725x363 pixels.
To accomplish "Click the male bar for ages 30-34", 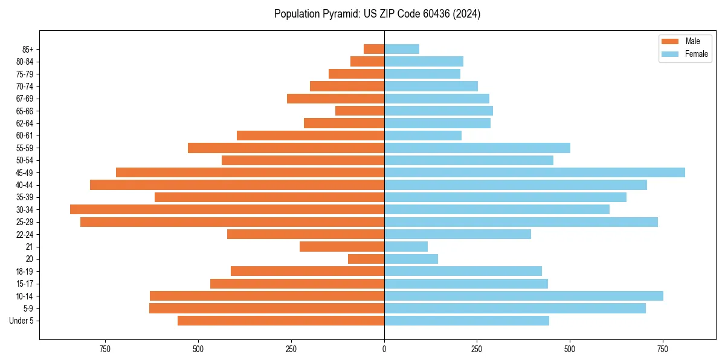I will pos(227,209).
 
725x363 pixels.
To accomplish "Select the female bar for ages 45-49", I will pos(535,172).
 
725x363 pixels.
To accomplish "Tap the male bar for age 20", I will pos(366,259).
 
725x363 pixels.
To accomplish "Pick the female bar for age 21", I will pos(406,247).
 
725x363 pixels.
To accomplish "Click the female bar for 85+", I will pos(402,49).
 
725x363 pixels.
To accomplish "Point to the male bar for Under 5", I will pos(281,321).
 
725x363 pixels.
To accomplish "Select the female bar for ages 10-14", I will pos(524,296).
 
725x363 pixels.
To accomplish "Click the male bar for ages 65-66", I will pos(360,111).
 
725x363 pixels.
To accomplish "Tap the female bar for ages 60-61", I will pos(423,136).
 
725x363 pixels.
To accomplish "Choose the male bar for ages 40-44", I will pos(237,185).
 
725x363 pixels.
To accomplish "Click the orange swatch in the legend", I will pos(670,41).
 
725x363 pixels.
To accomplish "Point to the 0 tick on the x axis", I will pos(384,349).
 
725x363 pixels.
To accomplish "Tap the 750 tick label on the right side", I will pos(663,349).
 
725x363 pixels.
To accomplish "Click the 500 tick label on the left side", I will pos(198,349).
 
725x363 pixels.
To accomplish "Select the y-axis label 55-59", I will pos(25,148).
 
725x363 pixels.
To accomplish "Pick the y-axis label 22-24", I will pos(25,235).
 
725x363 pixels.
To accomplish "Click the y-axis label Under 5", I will pos(22,321).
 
